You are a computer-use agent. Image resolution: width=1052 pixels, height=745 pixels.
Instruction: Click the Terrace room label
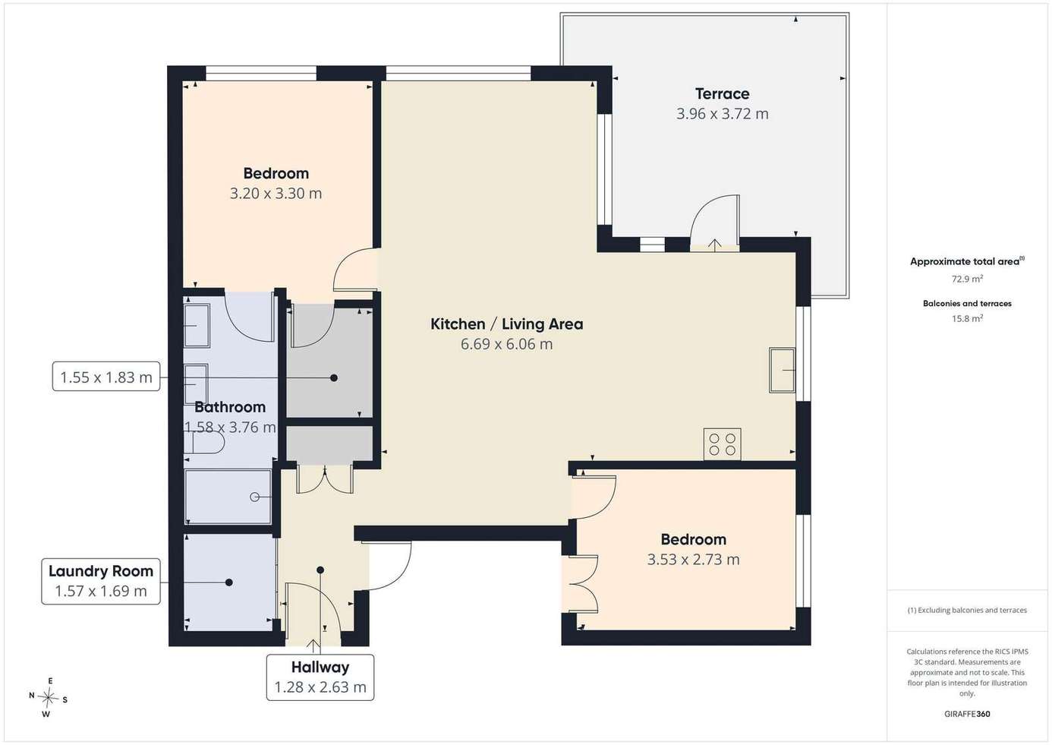tap(722, 94)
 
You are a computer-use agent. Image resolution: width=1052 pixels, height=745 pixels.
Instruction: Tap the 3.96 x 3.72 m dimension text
tap(723, 114)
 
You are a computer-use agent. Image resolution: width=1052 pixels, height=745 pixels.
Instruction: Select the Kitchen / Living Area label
tap(507, 324)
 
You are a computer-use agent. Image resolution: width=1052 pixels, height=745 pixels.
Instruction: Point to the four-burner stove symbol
tap(723, 444)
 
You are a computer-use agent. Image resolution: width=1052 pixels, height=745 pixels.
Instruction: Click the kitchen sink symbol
tap(782, 370)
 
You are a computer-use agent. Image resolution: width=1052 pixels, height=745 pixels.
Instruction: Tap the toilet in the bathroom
tap(204, 443)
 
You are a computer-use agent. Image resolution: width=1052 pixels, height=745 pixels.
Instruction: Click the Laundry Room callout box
tap(101, 581)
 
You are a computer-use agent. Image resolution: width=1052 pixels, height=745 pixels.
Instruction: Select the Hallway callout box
tap(320, 677)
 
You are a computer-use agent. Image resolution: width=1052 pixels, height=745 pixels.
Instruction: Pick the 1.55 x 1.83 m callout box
tap(106, 377)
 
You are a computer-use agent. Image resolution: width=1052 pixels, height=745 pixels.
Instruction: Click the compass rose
tap(48, 698)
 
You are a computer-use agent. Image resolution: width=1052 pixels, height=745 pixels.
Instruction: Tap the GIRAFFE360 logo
tap(967, 714)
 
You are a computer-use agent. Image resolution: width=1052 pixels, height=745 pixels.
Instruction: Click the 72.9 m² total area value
tap(968, 279)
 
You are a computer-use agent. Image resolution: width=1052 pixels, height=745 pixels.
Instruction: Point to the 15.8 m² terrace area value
tap(968, 318)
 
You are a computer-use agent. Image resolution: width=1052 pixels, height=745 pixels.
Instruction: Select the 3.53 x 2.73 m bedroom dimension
tap(693, 560)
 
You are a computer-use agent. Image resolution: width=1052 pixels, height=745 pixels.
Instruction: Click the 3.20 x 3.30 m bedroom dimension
tap(276, 194)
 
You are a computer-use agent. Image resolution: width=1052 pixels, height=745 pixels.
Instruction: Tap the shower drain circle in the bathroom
tap(254, 497)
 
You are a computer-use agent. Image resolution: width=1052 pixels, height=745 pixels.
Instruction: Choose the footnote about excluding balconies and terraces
tap(967, 610)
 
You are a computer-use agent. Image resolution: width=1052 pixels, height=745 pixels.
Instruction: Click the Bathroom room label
tap(230, 407)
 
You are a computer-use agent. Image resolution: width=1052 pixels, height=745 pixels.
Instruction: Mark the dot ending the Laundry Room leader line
tap(229, 582)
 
